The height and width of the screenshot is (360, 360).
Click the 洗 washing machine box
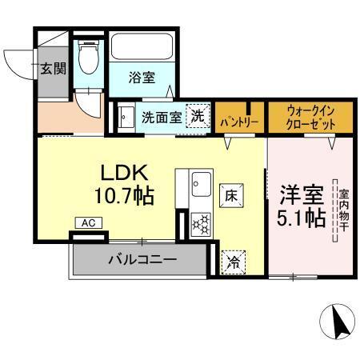(x=197, y=116)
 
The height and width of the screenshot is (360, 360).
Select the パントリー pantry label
(x=237, y=122)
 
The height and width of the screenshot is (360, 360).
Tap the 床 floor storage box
(x=229, y=193)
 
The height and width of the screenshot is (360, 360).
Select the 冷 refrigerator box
(x=234, y=260)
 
